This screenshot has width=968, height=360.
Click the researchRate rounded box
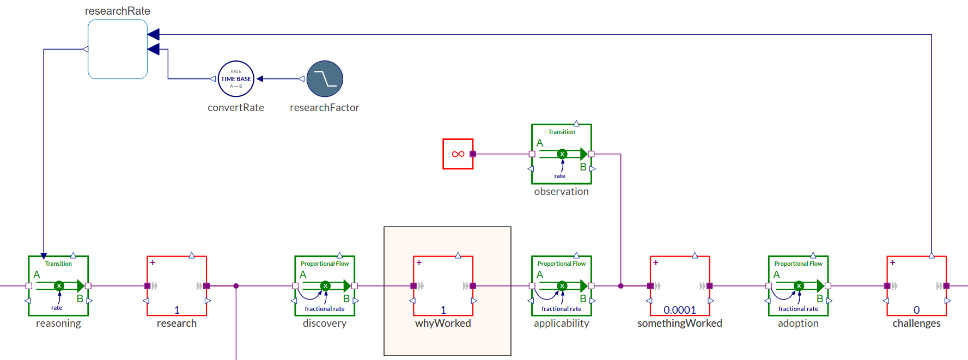(118, 49)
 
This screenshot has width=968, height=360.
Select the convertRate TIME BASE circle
(236, 79)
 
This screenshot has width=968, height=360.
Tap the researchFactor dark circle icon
(325, 79)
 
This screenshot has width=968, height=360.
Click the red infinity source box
(458, 154)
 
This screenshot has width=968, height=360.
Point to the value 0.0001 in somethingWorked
(680, 310)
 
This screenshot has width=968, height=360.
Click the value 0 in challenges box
(916, 310)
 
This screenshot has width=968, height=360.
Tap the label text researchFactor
(325, 108)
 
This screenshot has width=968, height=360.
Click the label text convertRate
(236, 108)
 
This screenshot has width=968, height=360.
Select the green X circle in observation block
(562, 154)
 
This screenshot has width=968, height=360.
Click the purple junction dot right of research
(236, 286)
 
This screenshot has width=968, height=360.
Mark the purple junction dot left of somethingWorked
(620, 286)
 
